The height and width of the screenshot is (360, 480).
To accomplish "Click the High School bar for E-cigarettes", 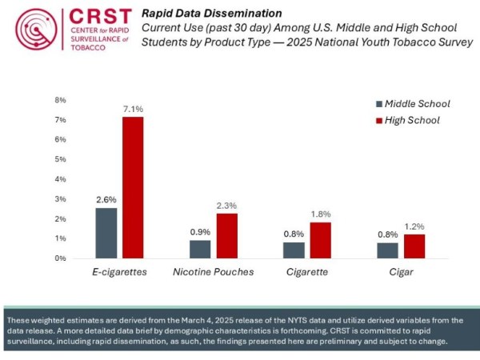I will (133, 188).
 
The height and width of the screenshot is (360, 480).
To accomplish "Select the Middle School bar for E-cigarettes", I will (106, 233).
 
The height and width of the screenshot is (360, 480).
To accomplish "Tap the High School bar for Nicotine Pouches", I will (227, 236).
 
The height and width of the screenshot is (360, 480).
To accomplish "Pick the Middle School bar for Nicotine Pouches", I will (200, 249).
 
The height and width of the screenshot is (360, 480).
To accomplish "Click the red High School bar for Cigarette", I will (320, 240).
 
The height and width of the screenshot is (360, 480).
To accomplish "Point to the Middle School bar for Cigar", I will (387, 250).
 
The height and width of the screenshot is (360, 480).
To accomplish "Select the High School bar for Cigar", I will (414, 246).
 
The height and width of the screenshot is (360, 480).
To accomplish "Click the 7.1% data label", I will (133, 109).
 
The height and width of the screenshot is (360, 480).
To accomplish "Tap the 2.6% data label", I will (106, 198).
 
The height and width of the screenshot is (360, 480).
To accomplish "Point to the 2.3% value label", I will (227, 206).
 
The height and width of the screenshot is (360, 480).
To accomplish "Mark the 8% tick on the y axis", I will (59, 101).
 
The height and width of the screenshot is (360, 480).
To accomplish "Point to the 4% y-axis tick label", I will (59, 179).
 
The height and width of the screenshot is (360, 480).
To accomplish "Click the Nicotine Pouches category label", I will (214, 272).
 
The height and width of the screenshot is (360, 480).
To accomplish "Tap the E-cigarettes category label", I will (119, 272).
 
